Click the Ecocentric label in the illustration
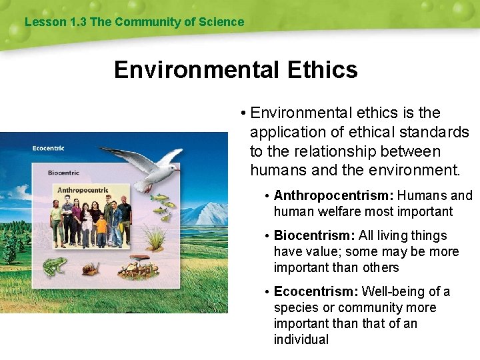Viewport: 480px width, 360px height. pos(49,148)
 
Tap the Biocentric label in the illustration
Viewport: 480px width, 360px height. pos(64,173)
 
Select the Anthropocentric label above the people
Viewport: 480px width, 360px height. pos(83,190)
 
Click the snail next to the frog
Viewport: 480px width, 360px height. pos(89,269)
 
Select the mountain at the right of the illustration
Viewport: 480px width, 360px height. pos(203,213)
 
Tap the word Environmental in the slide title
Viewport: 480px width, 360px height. pos(197,69)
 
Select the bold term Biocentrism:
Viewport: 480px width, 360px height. pos(314,235)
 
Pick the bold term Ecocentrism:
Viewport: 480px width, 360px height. pos(317,291)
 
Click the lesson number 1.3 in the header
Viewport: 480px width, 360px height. pos(78,21)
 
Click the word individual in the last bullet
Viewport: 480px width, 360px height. pos(301,339)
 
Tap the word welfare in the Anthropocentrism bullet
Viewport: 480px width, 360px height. pos(334,211)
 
